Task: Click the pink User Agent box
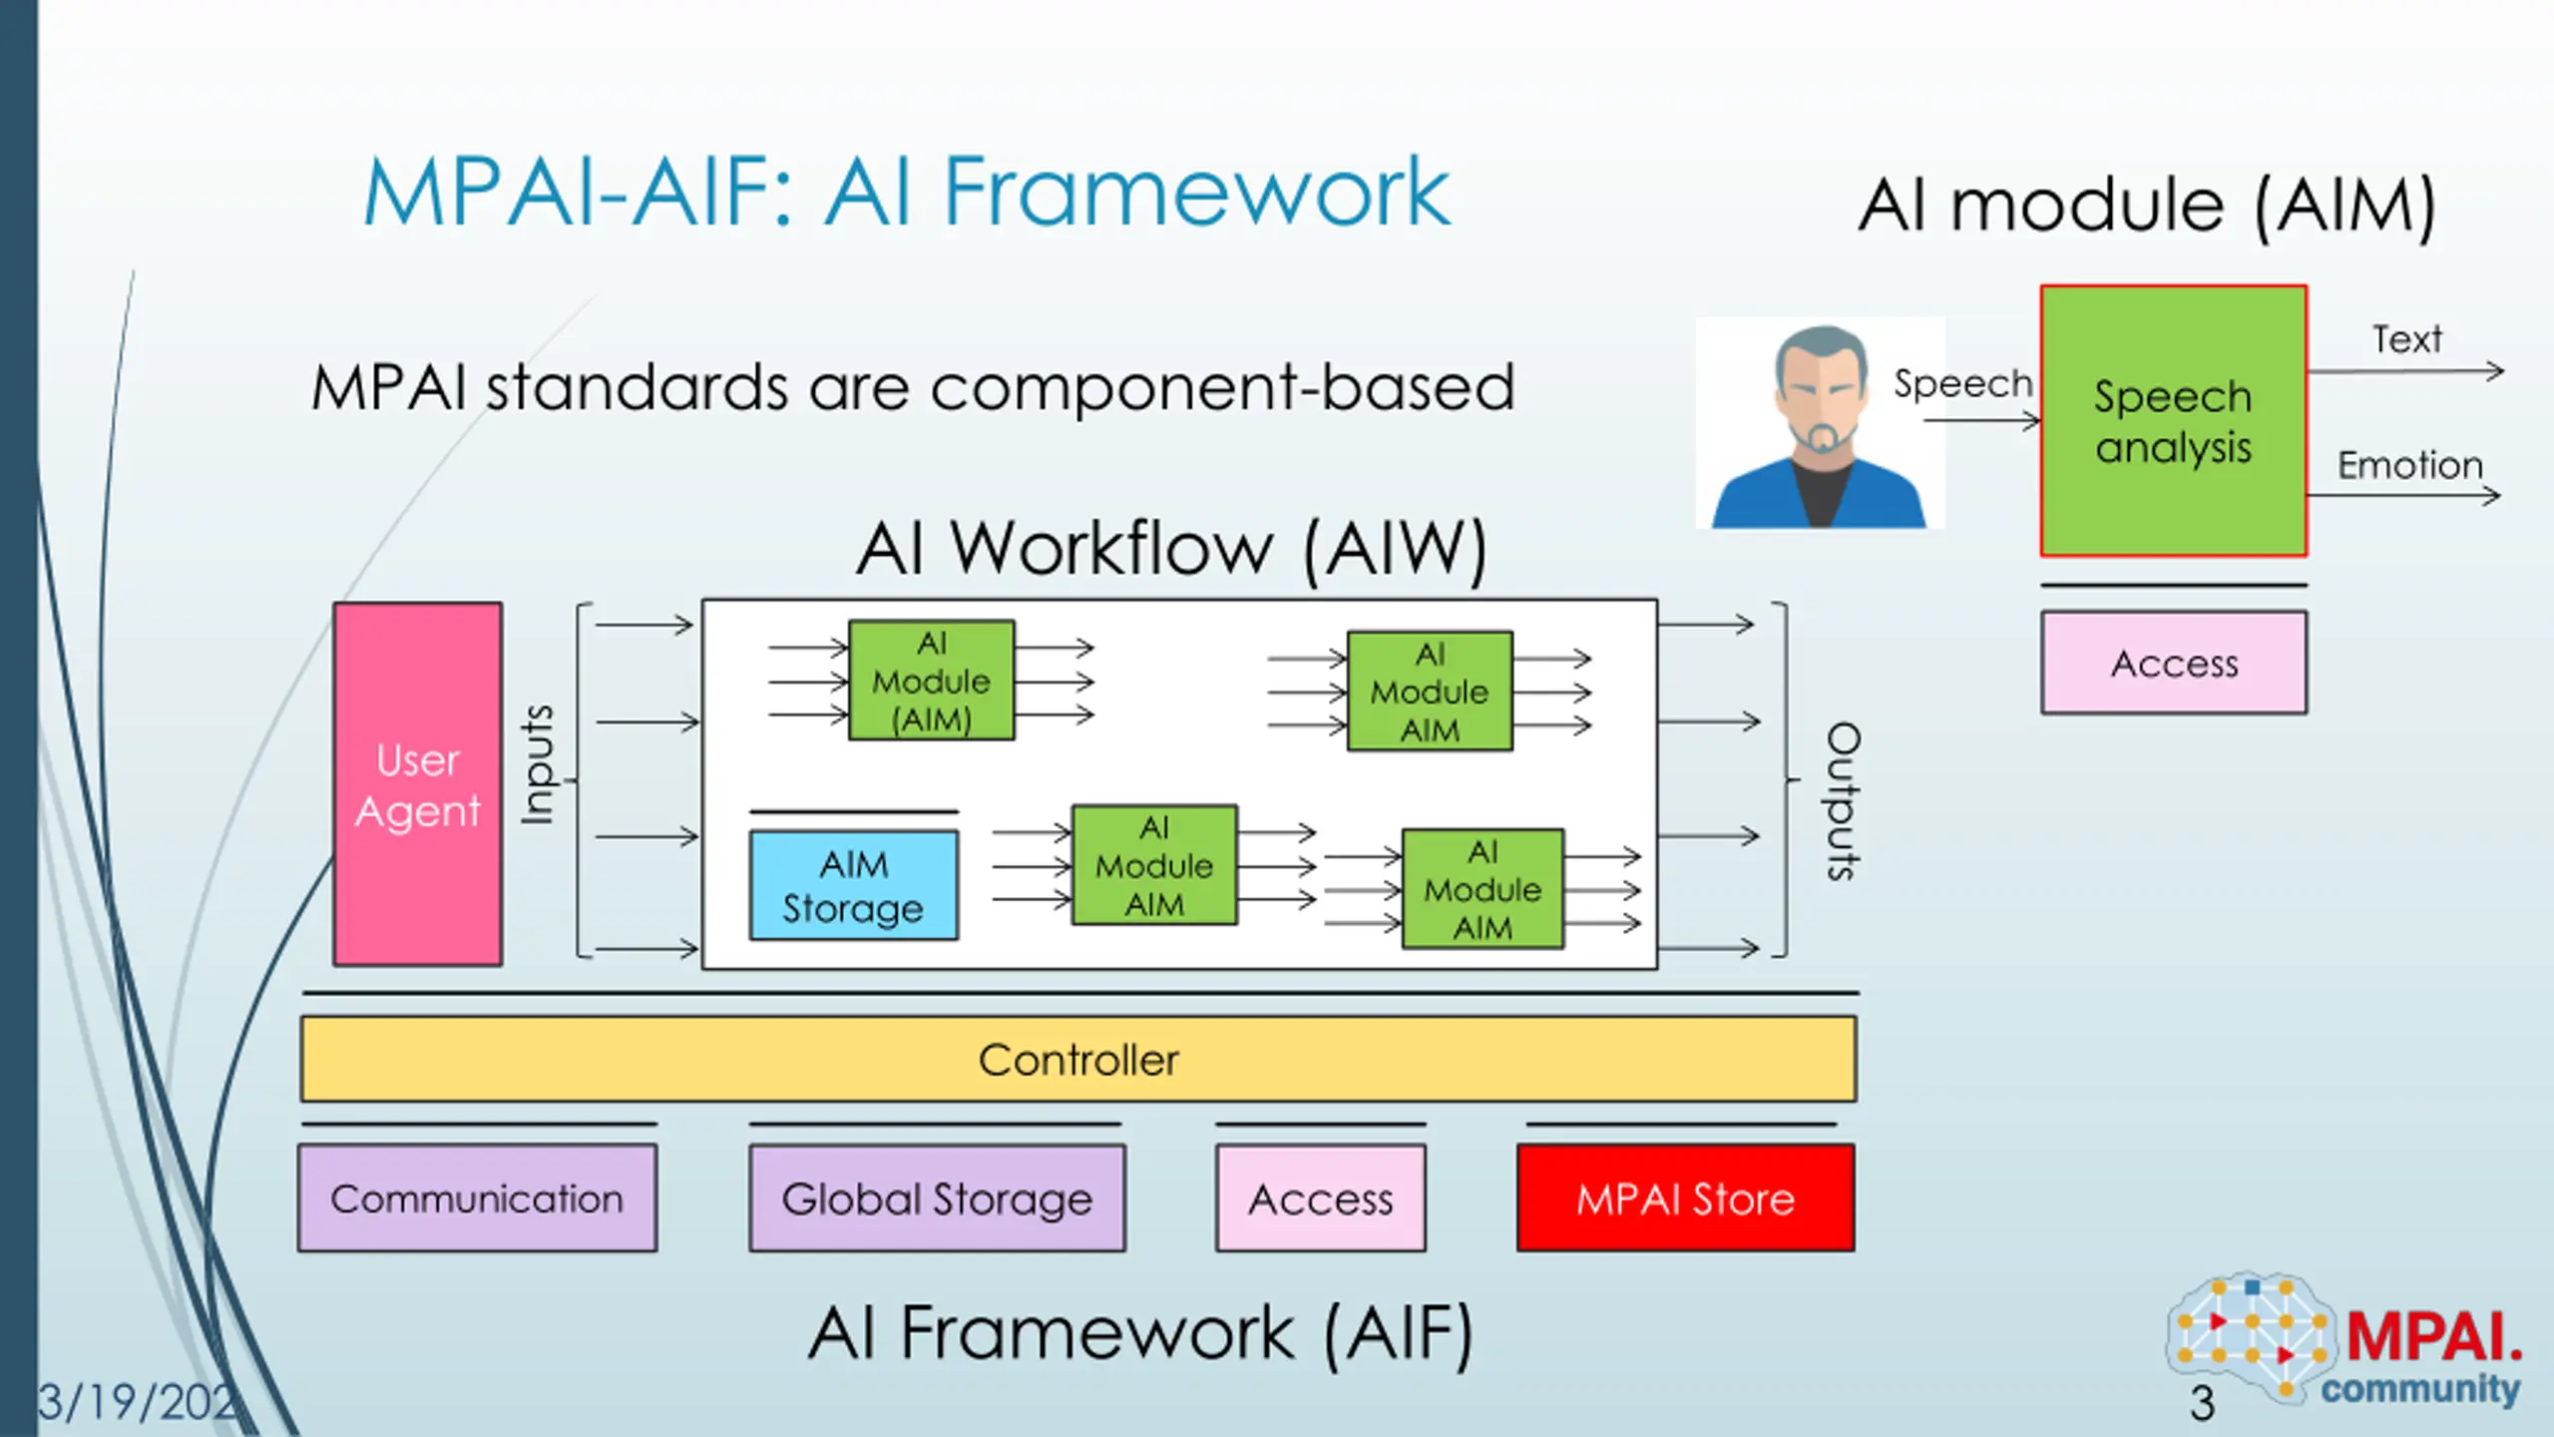[418, 784]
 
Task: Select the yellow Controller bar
[1078, 1059]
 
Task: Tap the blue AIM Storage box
[854, 885]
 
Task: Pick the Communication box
[477, 1197]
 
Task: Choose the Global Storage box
[937, 1197]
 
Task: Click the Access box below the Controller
[1321, 1197]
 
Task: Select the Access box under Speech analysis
[2174, 663]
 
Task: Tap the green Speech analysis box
[2174, 421]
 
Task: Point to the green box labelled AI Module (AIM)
[932, 681]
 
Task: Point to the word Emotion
[2409, 465]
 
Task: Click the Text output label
[2406, 339]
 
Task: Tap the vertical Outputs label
[1843, 800]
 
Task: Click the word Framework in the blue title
[1195, 192]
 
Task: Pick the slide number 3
[2202, 1403]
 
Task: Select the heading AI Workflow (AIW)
[1171, 549]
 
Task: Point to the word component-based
[1222, 387]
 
